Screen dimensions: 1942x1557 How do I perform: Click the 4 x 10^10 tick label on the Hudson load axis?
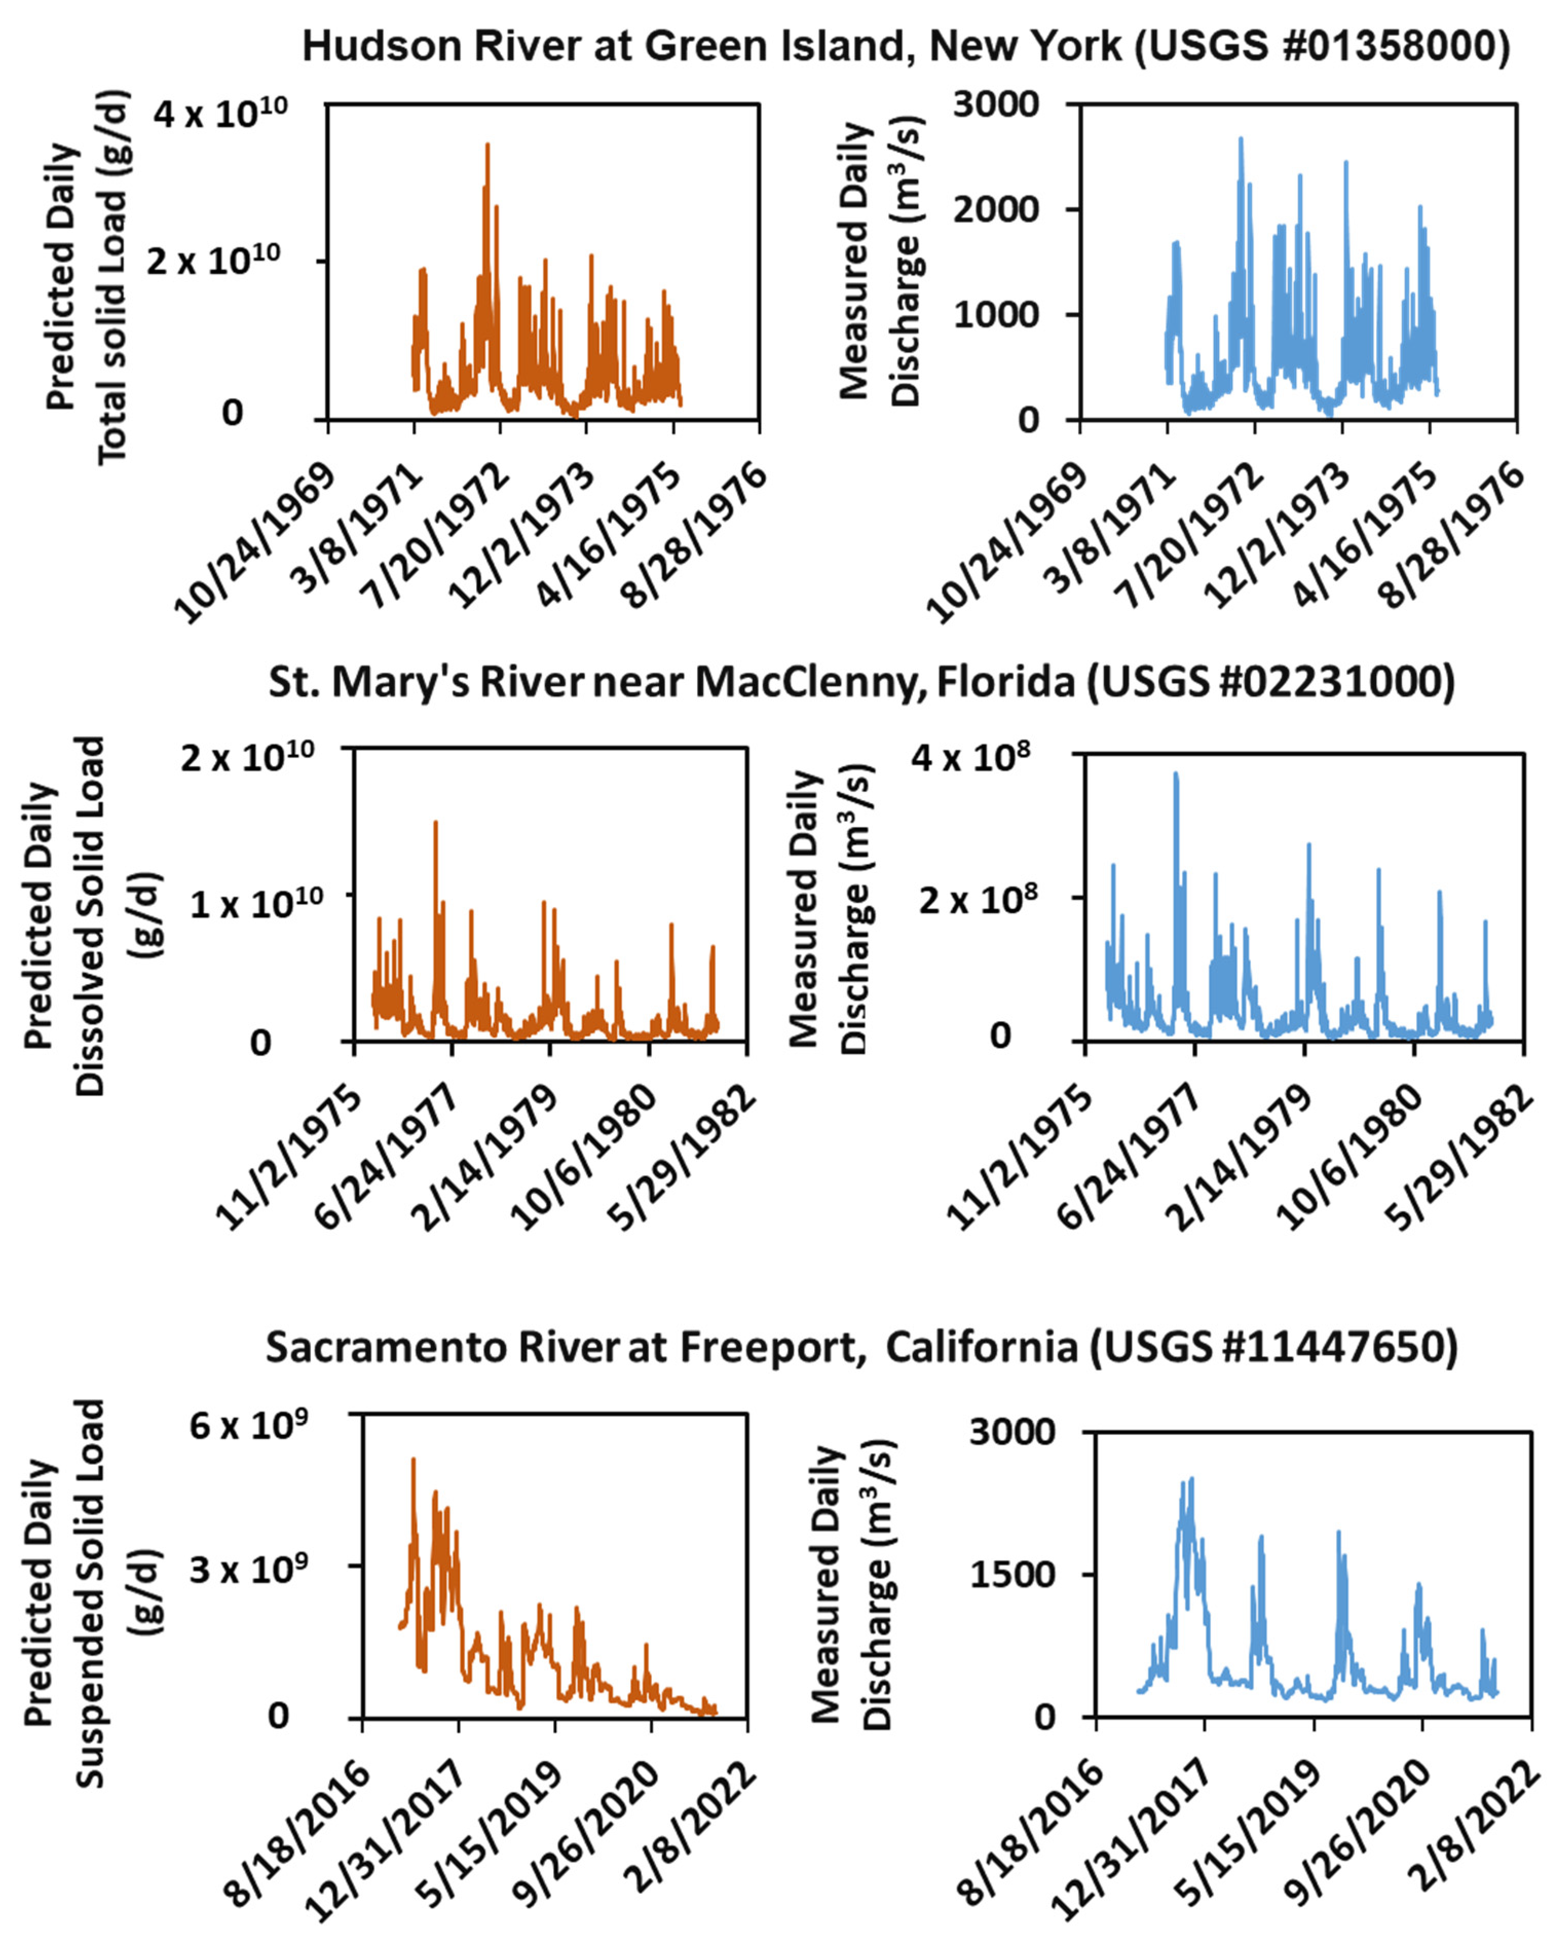point(220,114)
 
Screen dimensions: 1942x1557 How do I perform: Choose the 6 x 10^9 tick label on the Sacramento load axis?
point(248,1426)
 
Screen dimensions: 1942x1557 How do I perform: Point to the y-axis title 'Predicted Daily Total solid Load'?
point(87,276)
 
